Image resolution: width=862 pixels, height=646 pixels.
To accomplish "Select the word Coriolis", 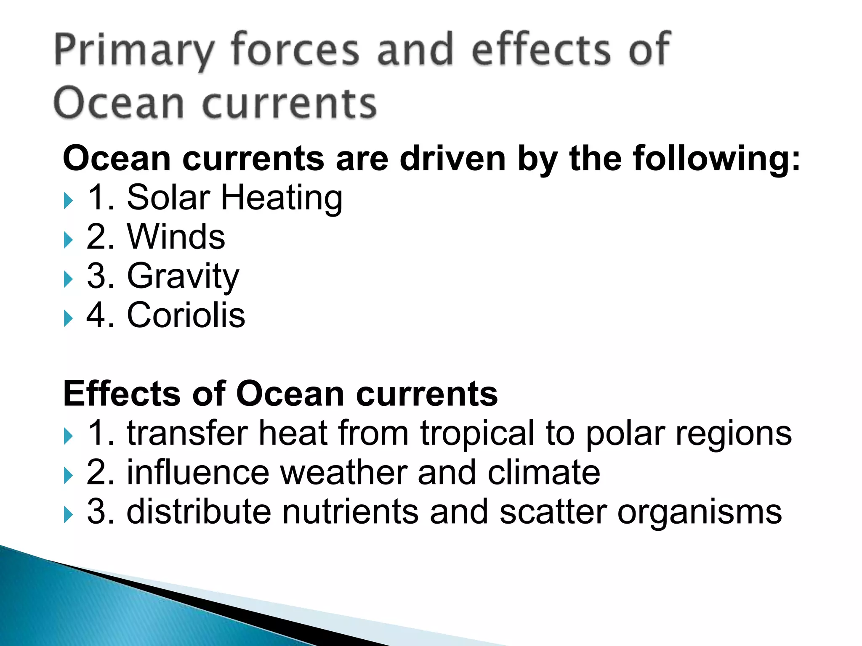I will pos(186,315).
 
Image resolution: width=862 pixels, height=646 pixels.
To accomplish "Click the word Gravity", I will pos(183,276).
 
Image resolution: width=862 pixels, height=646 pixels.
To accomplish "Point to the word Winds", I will pos(176,237).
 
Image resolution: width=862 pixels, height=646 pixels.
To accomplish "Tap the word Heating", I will pos(282,198).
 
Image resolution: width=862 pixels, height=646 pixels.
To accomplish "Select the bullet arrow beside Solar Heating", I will pos(69,201).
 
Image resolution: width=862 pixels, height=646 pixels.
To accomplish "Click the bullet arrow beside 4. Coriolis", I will pos(69,318).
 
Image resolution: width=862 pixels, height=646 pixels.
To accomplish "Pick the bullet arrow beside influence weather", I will pos(69,476).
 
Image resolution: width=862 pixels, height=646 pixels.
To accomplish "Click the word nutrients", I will pos(350,512).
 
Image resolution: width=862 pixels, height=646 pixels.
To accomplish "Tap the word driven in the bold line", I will pos(452,159).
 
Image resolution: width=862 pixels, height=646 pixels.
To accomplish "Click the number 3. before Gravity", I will pos(101,276).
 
